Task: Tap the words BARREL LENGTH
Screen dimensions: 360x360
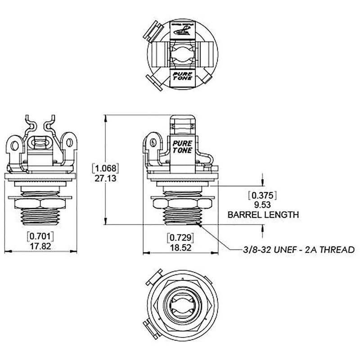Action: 263,215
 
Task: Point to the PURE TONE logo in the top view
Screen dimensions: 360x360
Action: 182,76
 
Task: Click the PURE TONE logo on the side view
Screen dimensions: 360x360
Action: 182,147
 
